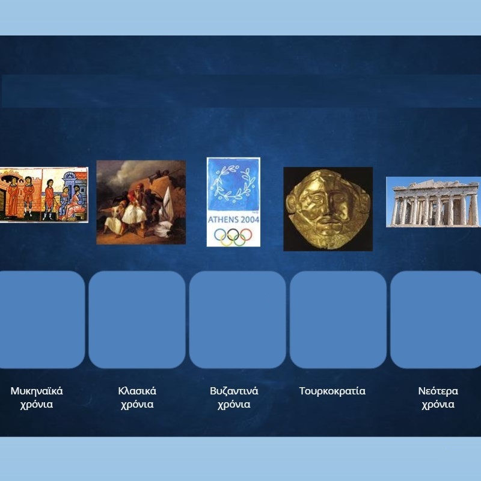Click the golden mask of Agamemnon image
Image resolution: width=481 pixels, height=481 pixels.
[328, 209]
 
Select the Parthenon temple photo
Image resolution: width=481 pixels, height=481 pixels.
[434, 202]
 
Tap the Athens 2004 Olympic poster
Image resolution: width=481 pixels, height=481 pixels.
[233, 202]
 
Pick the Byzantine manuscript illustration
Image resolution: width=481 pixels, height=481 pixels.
[44, 195]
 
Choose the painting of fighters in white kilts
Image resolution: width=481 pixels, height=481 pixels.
[141, 202]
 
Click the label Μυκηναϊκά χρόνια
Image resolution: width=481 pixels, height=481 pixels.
[37, 397]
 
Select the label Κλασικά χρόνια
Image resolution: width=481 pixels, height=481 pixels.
[137, 397]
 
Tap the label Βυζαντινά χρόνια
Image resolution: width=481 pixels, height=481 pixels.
[234, 397]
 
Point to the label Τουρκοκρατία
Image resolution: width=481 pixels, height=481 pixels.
[332, 391]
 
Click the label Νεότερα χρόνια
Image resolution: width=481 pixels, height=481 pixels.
[438, 397]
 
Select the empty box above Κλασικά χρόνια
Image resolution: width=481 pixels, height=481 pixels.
[137, 319]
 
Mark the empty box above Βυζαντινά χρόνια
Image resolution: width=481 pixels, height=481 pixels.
[237, 319]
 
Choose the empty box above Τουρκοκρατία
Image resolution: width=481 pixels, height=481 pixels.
[338, 319]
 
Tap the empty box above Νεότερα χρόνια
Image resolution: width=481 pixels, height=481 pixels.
[435, 319]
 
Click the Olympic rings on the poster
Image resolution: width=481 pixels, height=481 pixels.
[233, 237]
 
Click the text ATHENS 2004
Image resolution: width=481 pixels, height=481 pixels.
[233, 219]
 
